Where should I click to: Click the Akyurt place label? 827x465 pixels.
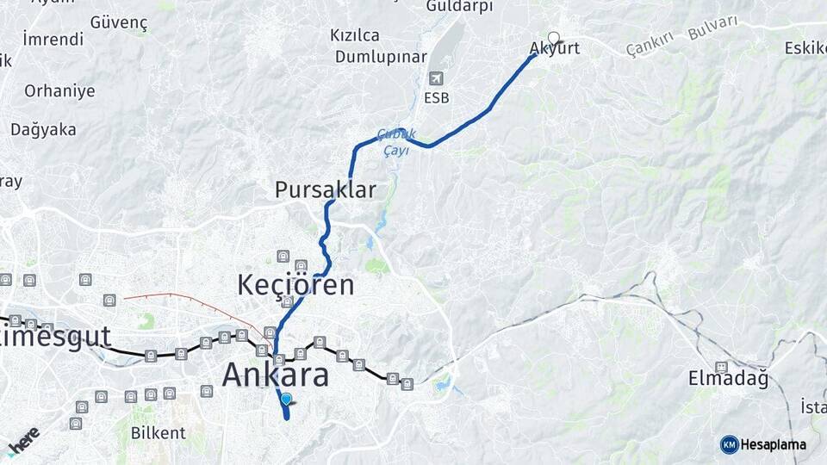click(555, 49)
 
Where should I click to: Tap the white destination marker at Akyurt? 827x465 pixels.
click(554, 38)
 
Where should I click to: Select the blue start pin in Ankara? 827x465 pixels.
click(287, 400)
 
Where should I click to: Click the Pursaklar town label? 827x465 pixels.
click(326, 190)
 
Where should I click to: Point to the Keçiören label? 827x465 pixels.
click(295, 285)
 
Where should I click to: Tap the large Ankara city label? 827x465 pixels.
click(276, 375)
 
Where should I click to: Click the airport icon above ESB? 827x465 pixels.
click(437, 78)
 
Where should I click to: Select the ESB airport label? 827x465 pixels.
click(437, 98)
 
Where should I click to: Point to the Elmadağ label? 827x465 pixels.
click(728, 378)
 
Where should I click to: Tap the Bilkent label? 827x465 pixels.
click(158, 433)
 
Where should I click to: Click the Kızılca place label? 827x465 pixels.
click(355, 35)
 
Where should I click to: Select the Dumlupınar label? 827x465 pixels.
click(380, 58)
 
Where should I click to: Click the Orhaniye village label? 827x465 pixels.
click(59, 91)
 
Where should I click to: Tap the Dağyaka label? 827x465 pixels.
click(43, 130)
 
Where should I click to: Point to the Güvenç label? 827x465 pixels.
click(119, 22)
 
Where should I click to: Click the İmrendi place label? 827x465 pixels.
click(53, 40)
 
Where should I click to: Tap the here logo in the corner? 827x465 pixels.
click(22, 440)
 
